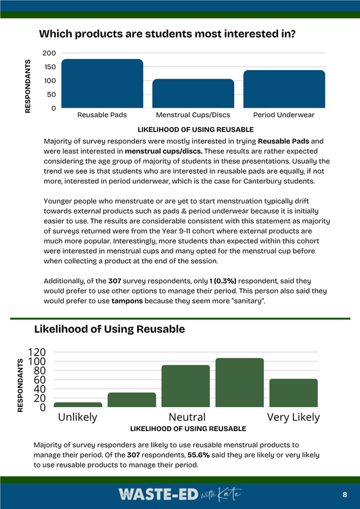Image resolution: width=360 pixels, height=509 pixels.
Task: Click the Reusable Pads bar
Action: tap(102, 84)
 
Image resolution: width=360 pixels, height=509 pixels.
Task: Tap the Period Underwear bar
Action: tap(284, 89)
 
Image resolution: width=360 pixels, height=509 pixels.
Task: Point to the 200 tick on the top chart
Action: tap(49, 53)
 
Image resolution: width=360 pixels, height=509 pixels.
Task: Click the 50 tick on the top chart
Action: tap(51, 94)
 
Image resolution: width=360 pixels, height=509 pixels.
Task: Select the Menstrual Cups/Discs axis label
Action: tap(193, 115)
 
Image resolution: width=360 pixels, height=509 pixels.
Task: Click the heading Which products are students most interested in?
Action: tap(167, 34)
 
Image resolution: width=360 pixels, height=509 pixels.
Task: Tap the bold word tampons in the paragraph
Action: tap(127, 301)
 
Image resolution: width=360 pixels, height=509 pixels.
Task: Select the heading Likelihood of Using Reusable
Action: tap(109, 329)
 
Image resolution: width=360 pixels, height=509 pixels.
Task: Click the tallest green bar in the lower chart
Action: tap(239, 383)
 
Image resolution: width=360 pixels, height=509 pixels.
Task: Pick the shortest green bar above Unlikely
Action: tap(78, 404)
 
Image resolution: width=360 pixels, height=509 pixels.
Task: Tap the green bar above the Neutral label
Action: tap(186, 386)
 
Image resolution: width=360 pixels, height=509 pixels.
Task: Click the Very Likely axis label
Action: tap(293, 417)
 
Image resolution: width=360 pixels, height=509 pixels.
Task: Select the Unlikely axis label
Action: tap(78, 417)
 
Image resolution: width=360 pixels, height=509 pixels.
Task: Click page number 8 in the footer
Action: tap(345, 495)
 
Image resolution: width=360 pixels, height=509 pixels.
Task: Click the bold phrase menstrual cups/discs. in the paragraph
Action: tap(163, 151)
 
